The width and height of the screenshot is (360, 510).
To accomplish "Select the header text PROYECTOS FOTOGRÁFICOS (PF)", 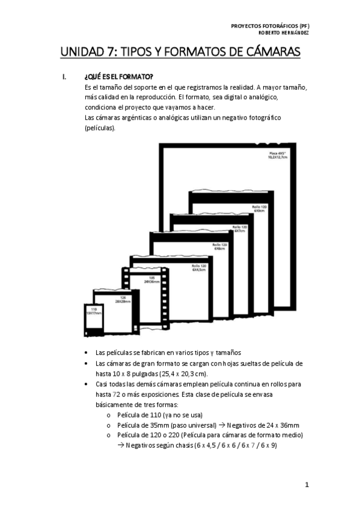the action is pos(270,26).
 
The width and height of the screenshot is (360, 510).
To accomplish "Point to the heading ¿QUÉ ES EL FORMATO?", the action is pos(119,77).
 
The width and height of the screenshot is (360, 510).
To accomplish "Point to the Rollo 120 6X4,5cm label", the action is pos(199,268).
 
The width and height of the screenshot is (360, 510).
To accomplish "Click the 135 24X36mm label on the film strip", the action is pos(151,280).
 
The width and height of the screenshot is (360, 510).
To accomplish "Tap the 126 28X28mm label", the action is pos(122,299).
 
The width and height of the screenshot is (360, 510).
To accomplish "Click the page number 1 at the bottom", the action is pos(307,484).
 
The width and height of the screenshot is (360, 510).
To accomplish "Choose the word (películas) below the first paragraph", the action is pos(100,127).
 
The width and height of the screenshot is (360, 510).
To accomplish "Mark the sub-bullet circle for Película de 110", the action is pos(108,414).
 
